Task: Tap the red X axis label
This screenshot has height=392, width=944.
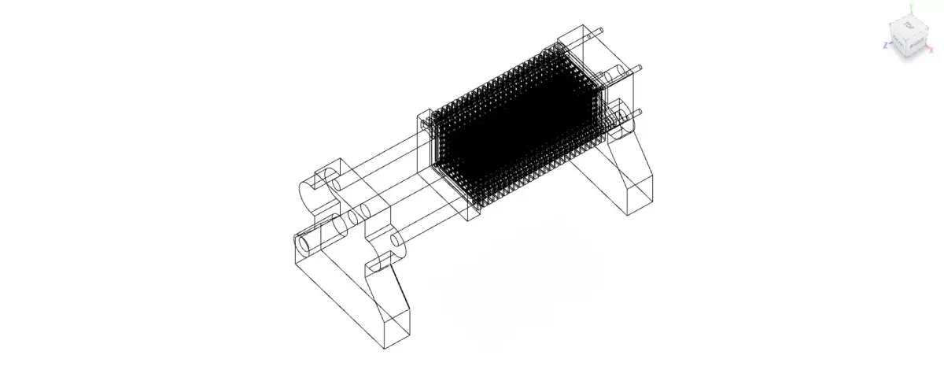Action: pyautogui.click(x=932, y=49)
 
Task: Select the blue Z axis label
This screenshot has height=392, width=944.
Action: pyautogui.click(x=885, y=46)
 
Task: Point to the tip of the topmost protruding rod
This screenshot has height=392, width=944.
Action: pyautogui.click(x=601, y=30)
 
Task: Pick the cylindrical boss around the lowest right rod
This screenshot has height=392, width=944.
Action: pyautogui.click(x=621, y=119)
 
